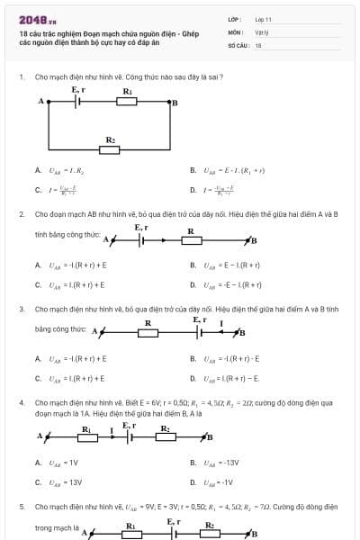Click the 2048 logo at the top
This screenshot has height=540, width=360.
coord(37,19)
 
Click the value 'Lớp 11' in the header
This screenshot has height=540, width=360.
coord(263,19)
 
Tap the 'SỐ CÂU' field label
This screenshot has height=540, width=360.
coord(238,44)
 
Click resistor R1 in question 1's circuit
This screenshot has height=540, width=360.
coord(128,102)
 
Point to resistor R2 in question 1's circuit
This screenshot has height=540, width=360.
coord(110,149)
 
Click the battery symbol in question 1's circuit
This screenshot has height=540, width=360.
coord(79,102)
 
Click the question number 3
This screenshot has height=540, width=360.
coord(22,309)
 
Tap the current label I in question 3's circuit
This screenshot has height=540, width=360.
coord(220,323)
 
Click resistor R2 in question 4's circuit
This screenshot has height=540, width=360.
coord(166,437)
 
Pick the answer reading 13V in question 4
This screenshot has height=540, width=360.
coord(64,481)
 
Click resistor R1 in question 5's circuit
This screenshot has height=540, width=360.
coord(130,533)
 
